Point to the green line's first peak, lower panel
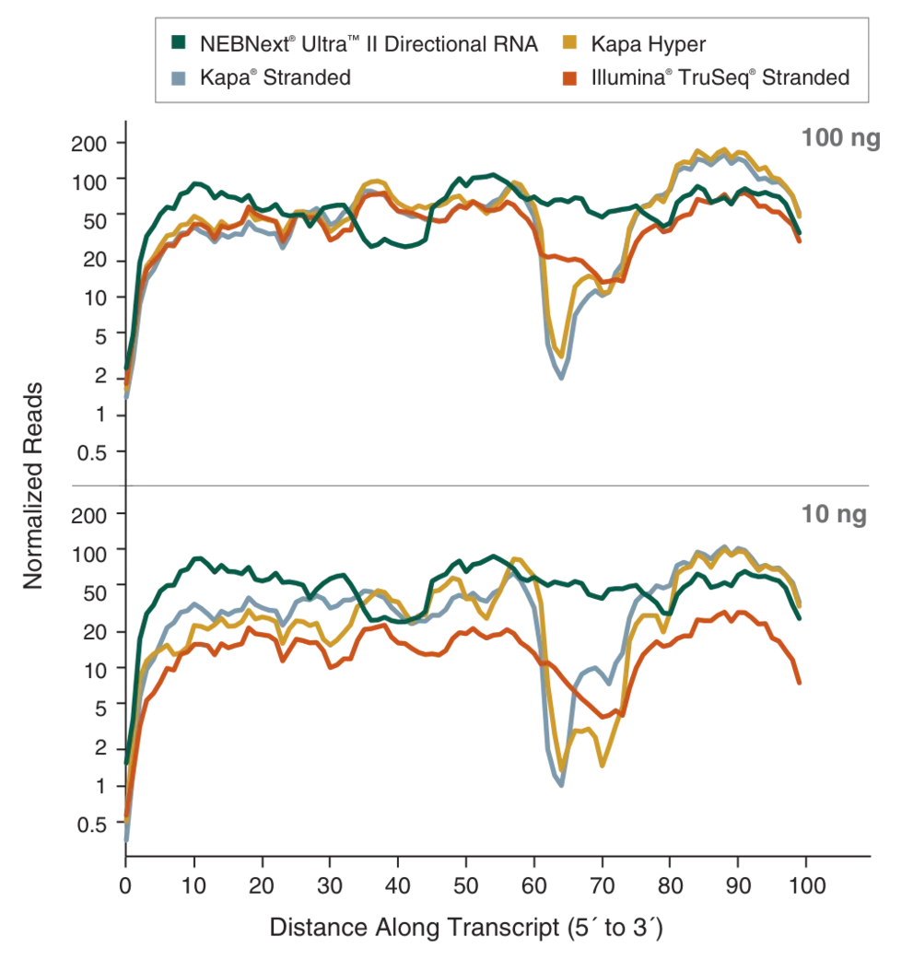pos(195,556)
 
